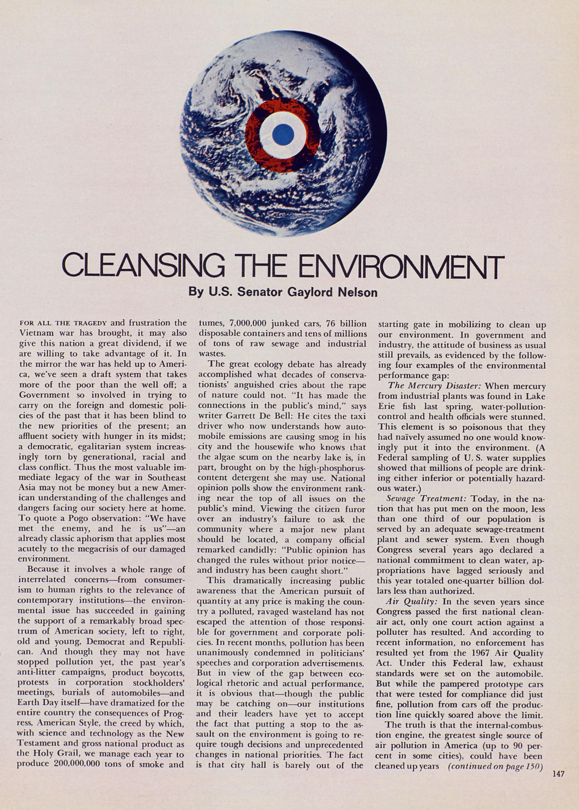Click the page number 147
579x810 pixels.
pos(558,764)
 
